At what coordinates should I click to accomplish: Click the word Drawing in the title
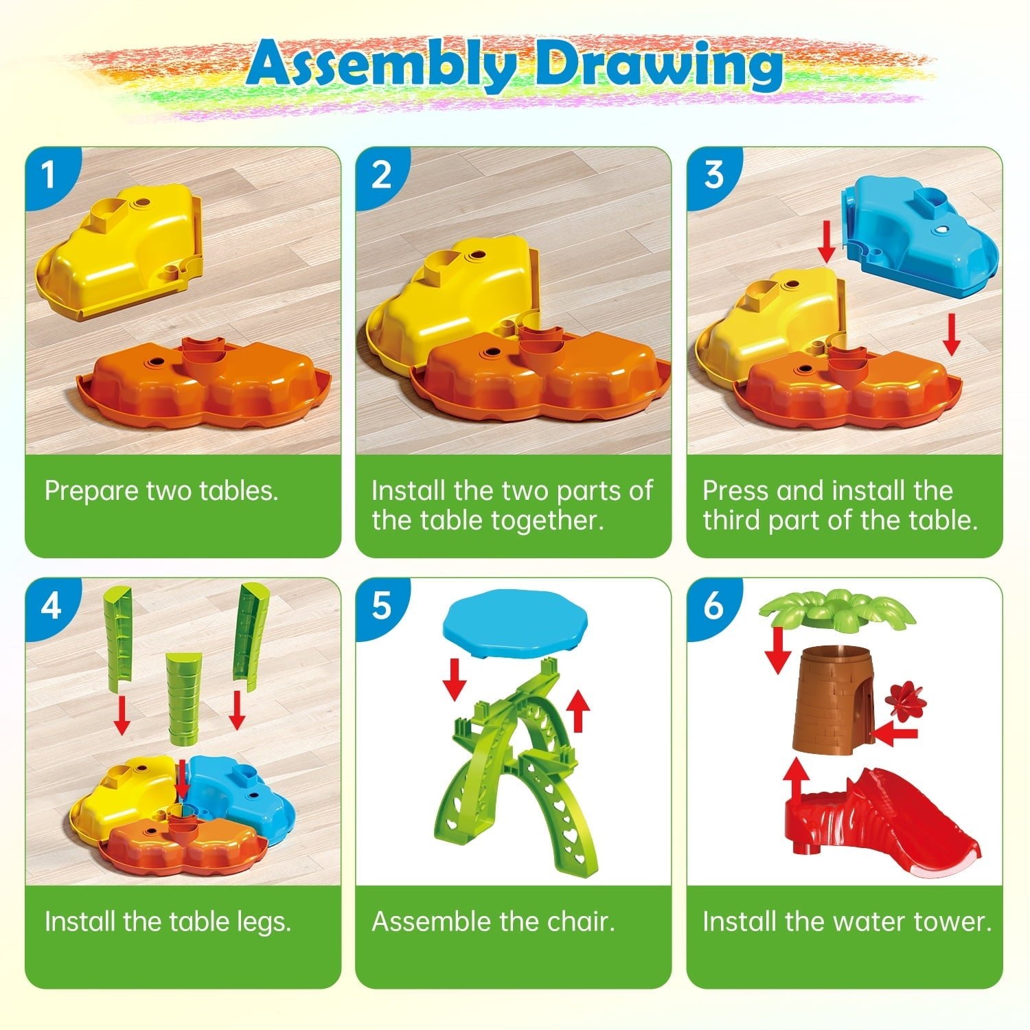point(659,65)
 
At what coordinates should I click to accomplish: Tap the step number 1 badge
point(48,175)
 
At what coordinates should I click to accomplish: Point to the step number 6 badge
point(713,606)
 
